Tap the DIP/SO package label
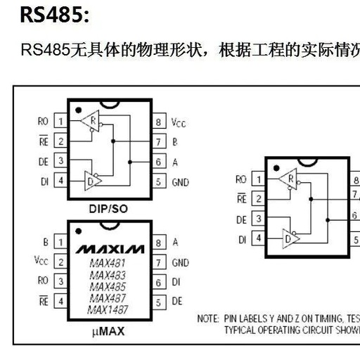tap(108, 208)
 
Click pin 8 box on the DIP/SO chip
tap(159, 121)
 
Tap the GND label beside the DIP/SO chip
tap(181, 181)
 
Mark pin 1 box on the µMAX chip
tap(60, 242)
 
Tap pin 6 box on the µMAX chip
tap(159, 282)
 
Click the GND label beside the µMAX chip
tap(181, 262)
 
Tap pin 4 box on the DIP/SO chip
tap(60, 181)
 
